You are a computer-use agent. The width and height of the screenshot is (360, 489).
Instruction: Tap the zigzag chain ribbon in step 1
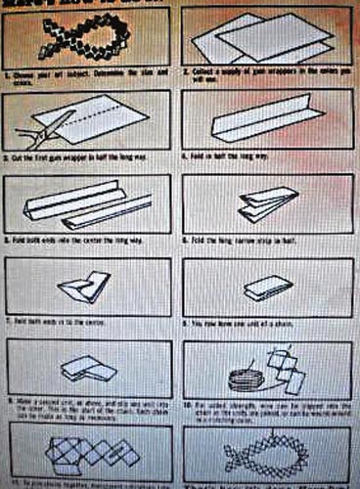pos(83,38)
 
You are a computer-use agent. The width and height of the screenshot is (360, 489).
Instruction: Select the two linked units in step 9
pos(88,369)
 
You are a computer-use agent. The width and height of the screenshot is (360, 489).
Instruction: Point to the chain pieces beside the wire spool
pos(287,369)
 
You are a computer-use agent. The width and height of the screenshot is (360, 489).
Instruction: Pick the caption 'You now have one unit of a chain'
pos(254,321)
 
